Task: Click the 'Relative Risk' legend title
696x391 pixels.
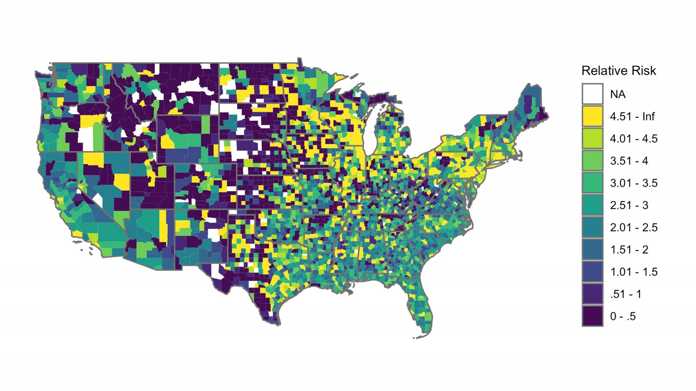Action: point(618,71)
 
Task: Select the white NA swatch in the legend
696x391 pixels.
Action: point(592,94)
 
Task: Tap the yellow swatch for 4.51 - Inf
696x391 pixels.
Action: point(592,116)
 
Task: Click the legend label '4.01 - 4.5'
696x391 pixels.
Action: point(633,139)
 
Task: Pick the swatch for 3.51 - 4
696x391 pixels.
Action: point(592,161)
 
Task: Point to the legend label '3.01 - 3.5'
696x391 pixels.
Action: point(633,183)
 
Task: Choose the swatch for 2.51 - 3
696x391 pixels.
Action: point(592,205)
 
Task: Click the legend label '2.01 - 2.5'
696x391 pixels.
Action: point(633,227)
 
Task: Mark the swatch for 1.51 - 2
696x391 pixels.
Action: point(592,249)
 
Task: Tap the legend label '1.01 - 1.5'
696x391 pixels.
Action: point(633,272)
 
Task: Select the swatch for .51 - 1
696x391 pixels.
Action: point(592,294)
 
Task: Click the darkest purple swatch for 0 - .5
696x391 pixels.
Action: point(592,316)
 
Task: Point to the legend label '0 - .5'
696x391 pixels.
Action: point(623,316)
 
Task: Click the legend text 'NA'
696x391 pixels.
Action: point(618,94)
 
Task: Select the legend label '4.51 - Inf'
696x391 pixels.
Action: point(632,116)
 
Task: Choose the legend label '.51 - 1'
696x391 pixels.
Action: point(626,294)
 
